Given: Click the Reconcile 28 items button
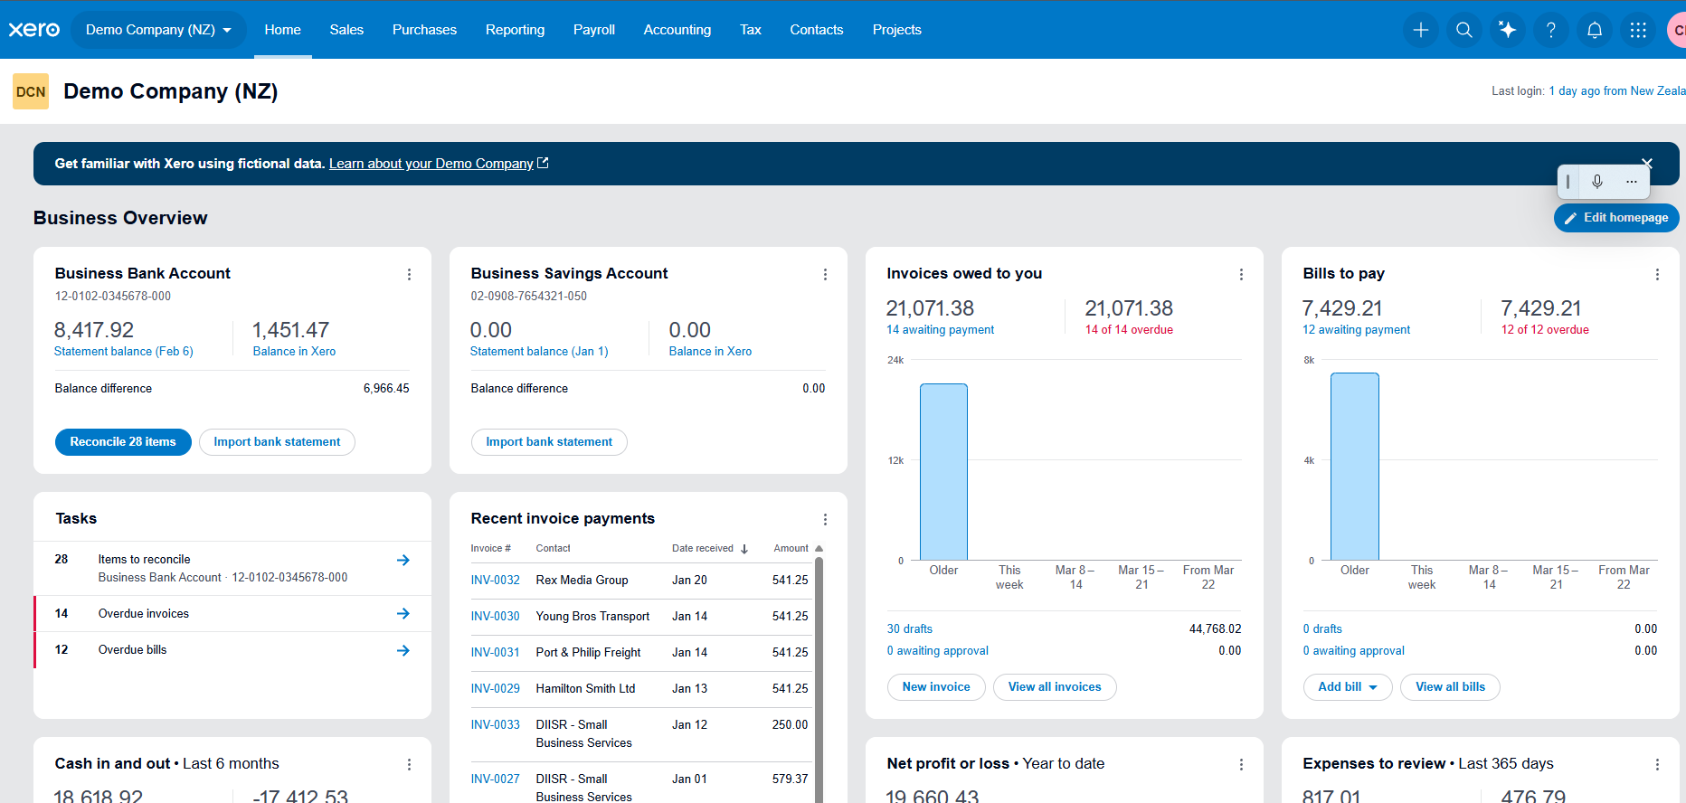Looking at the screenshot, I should click(x=123, y=442).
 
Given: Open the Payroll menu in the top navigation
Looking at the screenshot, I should click(x=593, y=30).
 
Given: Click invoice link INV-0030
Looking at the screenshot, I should click(x=495, y=617).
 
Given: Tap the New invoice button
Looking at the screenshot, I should click(x=935, y=687).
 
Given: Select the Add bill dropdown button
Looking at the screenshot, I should click(x=1347, y=687).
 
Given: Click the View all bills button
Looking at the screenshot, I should click(x=1449, y=687).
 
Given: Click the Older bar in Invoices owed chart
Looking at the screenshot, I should click(x=943, y=472).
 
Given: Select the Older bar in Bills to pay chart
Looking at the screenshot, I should click(x=1354, y=467).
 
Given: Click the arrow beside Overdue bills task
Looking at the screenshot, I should click(x=403, y=650).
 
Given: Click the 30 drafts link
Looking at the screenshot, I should click(x=909, y=629).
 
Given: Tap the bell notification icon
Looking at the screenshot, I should click(x=1594, y=30).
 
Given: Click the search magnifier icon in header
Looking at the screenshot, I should click(x=1463, y=30).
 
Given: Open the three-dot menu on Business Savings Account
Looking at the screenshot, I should click(x=824, y=275).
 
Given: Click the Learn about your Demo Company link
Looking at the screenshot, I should click(x=431, y=164).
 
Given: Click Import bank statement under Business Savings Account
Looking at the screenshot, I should click(x=548, y=442).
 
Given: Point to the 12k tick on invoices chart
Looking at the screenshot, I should click(x=895, y=460).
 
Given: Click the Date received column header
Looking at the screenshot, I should click(x=703, y=549).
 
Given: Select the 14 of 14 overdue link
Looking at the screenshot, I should click(x=1128, y=330).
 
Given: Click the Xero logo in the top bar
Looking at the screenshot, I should click(x=34, y=30).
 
